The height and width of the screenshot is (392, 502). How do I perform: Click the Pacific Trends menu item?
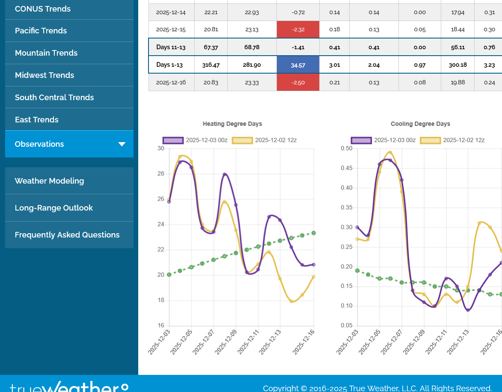[41, 31]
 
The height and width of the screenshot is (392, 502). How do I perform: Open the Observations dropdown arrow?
[122, 144]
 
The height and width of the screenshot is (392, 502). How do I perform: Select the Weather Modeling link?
[49, 181]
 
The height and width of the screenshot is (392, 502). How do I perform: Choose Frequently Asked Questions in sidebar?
[67, 235]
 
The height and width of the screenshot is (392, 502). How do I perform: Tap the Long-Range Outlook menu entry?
[53, 208]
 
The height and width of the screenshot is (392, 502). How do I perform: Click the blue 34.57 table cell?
[298, 65]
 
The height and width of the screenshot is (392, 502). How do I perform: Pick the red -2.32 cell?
[298, 30]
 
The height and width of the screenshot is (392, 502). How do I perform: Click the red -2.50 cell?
[298, 82]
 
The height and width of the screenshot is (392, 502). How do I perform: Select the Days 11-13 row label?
[171, 47]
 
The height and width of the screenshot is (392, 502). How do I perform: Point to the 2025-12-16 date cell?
[171, 82]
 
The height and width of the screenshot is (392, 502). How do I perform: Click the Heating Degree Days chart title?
[232, 124]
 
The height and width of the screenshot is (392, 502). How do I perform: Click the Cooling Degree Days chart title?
[420, 124]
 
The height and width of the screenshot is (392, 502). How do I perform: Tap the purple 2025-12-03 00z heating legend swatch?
[173, 140]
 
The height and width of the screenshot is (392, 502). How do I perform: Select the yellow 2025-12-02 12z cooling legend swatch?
[430, 140]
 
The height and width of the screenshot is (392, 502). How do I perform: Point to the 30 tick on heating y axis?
[161, 148]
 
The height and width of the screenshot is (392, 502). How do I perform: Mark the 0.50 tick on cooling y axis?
[347, 148]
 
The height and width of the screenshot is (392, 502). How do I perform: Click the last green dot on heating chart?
[314, 233]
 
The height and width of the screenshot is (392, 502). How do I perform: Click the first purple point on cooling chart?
[357, 227]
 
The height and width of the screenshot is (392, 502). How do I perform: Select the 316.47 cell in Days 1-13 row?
[211, 65]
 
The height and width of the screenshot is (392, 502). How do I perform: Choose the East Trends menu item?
[37, 120]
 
